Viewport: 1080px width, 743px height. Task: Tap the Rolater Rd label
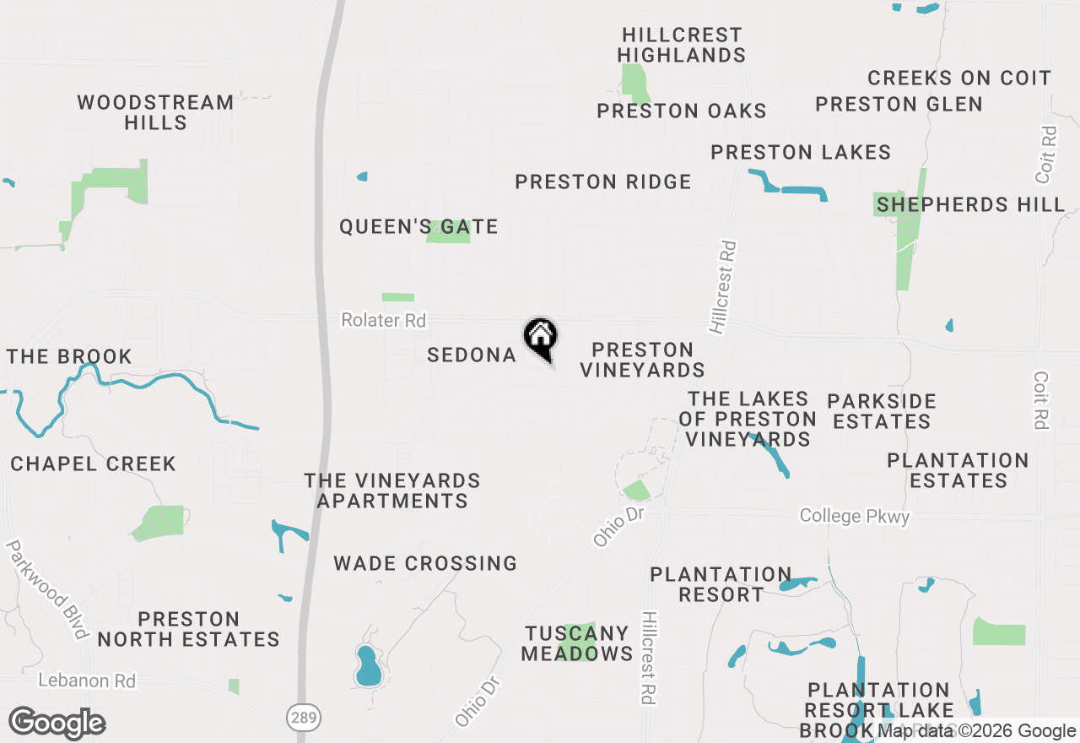[383, 321]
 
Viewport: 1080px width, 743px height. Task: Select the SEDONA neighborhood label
[472, 355]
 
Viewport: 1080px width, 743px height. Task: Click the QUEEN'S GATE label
[418, 226]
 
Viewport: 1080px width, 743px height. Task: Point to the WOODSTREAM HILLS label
[155, 112]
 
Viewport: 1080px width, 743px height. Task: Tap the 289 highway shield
[301, 718]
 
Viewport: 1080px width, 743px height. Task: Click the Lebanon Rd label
[87, 681]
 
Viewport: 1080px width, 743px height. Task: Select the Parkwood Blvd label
[48, 589]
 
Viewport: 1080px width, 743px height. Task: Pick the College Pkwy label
[855, 516]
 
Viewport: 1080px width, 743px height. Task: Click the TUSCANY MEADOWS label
[577, 643]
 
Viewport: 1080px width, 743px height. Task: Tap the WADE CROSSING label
[425, 563]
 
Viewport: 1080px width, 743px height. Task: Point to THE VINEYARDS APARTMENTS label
[392, 491]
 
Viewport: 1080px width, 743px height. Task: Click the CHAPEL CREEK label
[93, 464]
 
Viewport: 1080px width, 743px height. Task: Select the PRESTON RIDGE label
[603, 182]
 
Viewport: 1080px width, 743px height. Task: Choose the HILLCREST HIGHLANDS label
[682, 46]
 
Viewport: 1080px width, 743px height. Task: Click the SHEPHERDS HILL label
[970, 204]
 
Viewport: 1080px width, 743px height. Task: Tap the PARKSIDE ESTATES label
[882, 411]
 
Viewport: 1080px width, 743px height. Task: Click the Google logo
[57, 724]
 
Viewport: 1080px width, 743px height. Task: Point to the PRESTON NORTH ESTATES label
[188, 629]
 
